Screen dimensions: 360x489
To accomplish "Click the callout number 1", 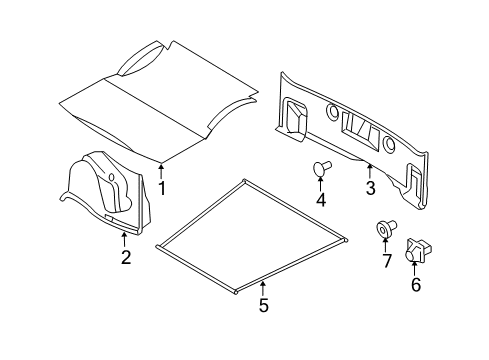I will click(162, 188).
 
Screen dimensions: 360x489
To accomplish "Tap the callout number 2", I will click(125, 257).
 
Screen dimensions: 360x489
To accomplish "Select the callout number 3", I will click(370, 188).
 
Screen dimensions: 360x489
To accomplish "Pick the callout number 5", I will click(264, 306).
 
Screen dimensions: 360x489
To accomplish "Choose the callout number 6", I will click(415, 286).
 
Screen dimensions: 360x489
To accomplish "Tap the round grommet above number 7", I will click(384, 230).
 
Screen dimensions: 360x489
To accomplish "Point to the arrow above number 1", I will click(162, 170).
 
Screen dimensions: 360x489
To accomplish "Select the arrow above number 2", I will click(125, 238).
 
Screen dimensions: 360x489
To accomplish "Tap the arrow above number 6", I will click(415, 269).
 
